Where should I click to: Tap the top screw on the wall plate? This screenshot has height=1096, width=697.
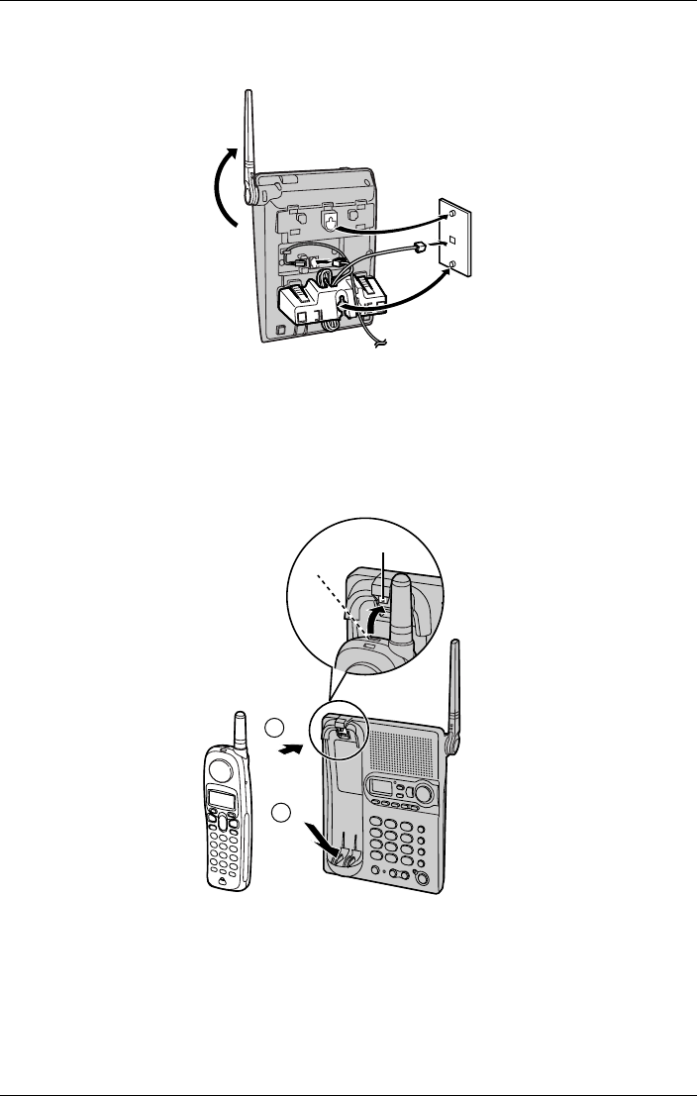point(451,213)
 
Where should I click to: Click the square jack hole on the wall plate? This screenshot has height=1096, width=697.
point(451,240)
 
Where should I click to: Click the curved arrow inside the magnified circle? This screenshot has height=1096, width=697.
point(367,625)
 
